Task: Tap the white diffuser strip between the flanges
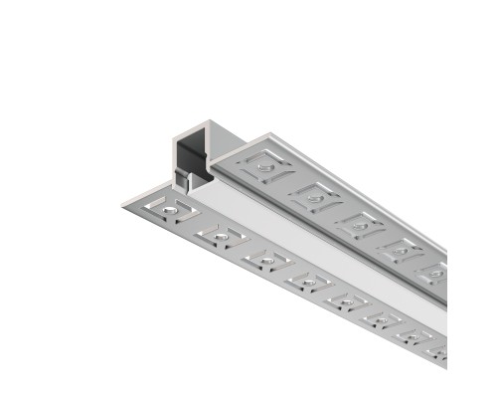298,239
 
